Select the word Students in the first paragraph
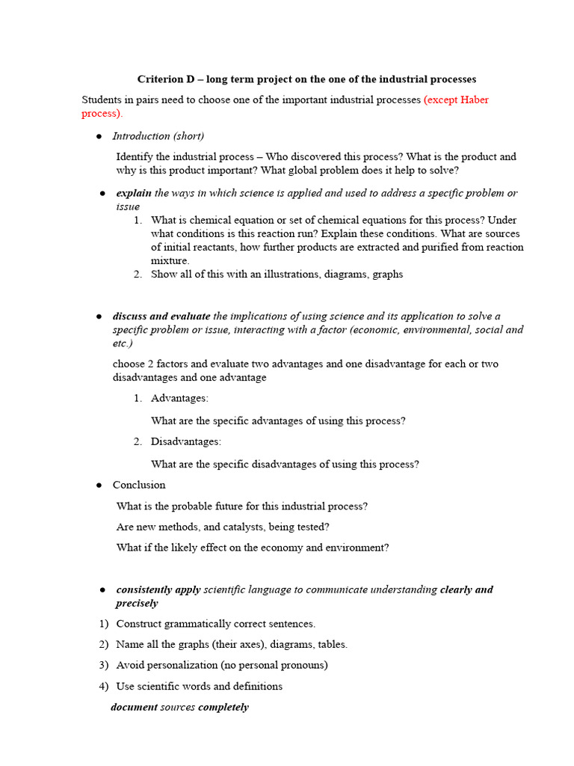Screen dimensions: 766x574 103,100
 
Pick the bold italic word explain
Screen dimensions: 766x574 134,193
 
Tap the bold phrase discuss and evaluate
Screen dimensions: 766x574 161,316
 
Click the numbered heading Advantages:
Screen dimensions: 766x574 179,399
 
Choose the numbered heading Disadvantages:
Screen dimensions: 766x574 186,442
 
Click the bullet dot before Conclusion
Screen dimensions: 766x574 99,485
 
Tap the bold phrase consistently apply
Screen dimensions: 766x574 158,589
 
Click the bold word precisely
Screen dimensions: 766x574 137,603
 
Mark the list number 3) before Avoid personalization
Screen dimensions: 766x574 104,665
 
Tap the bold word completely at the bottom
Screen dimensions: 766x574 223,707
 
